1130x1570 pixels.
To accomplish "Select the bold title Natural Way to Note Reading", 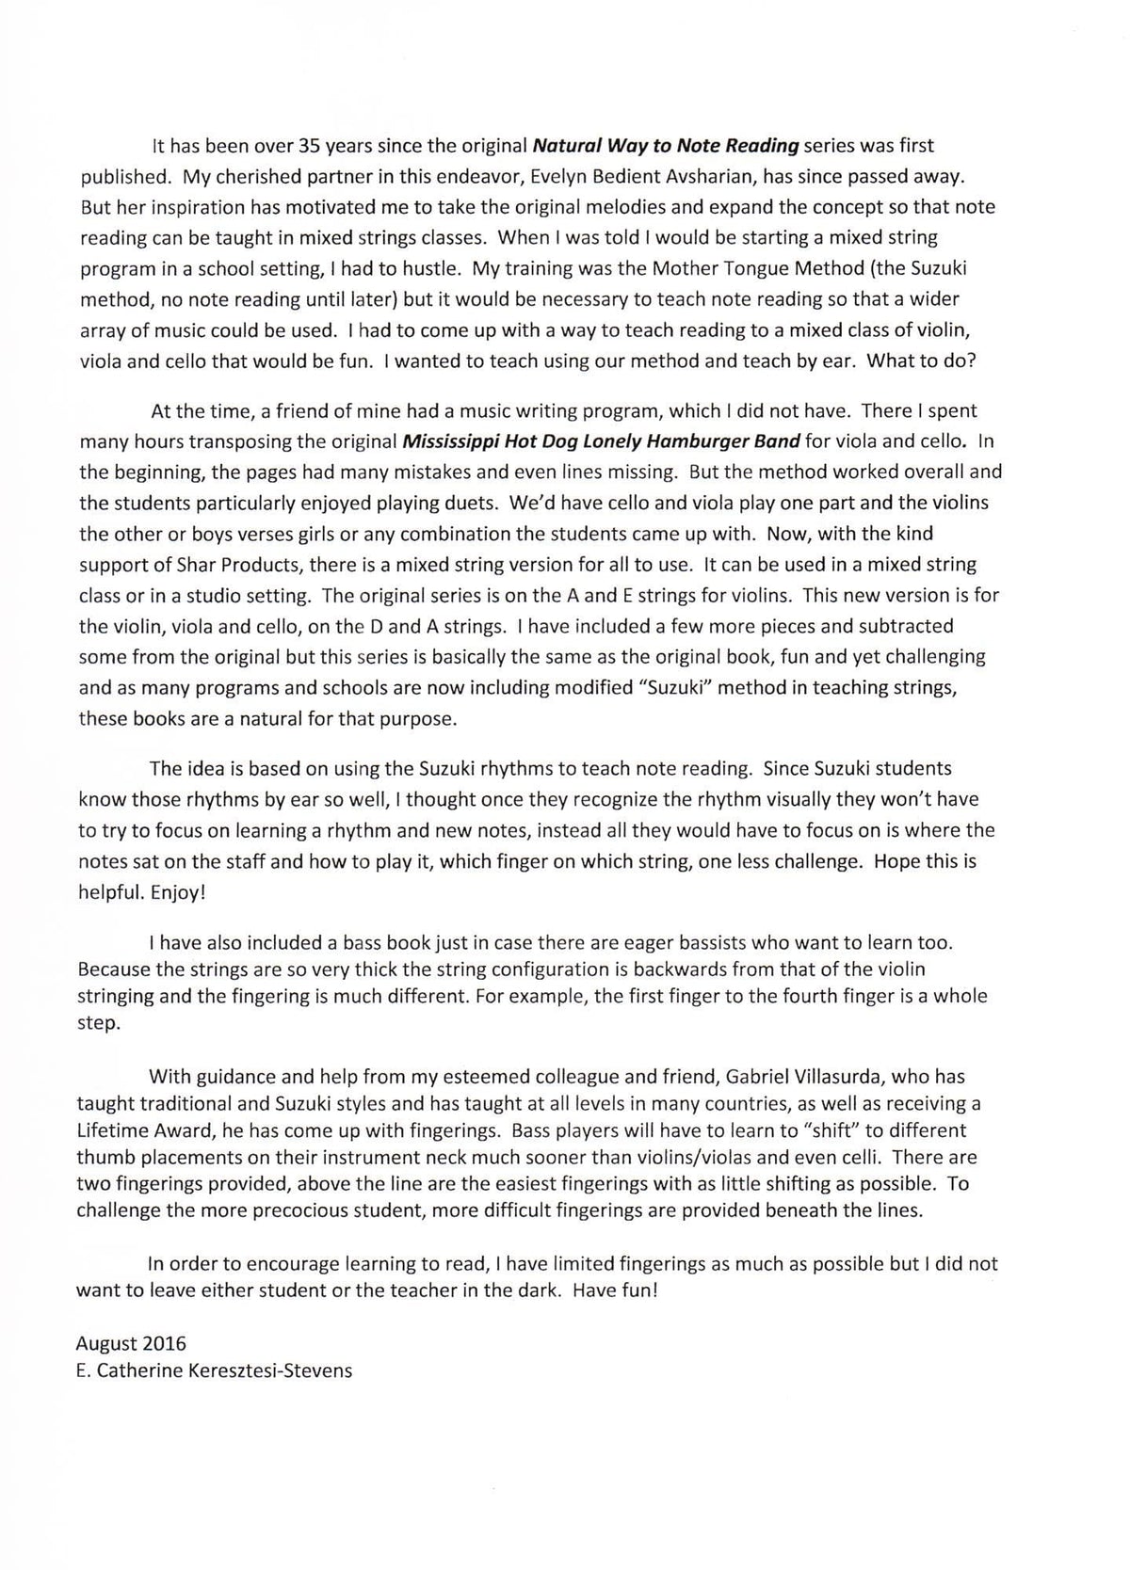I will pyautogui.click(x=666, y=146).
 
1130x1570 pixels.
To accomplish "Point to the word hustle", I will pyautogui.click(x=430, y=268).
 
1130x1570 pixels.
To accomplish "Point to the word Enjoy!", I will pyautogui.click(x=178, y=892).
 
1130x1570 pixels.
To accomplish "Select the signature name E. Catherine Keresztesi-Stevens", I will pyautogui.click(x=215, y=1370).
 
